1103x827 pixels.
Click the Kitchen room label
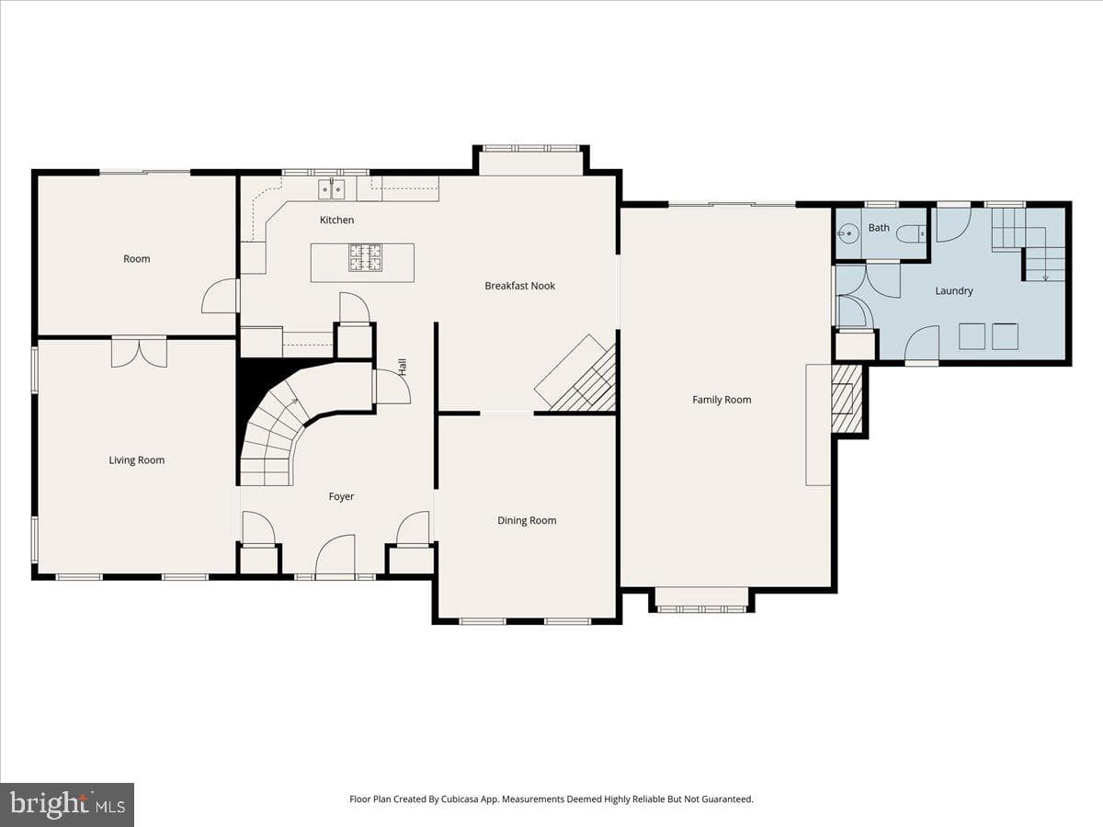336,220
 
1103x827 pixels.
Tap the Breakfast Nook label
519,286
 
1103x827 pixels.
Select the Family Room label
722,400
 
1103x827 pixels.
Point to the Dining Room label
527,520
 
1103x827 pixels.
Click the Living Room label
137,460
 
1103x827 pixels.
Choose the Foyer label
341,496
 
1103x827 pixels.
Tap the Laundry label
954,290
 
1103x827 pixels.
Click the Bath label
879,228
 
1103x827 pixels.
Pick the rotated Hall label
403,367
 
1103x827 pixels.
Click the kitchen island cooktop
365,257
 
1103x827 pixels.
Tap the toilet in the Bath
912,233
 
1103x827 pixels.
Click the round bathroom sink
849,233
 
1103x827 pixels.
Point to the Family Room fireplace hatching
847,400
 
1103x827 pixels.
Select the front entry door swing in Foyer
335,554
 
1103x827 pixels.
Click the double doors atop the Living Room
139,353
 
